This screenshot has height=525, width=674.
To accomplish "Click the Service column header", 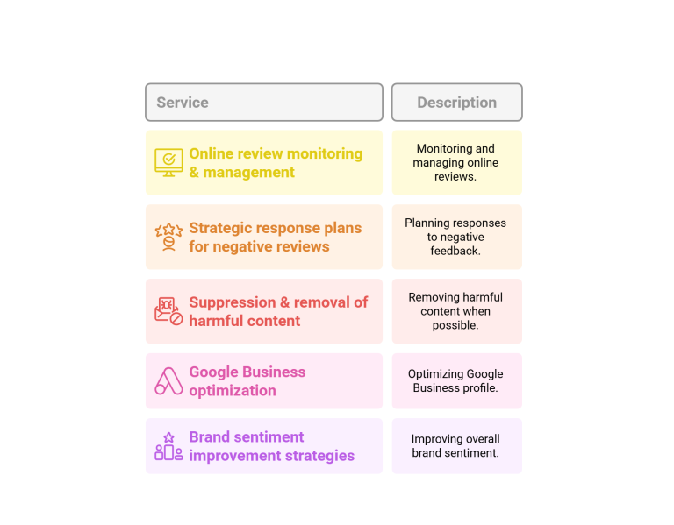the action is pos(264,103).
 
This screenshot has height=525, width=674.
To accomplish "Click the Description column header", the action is pos(457,103).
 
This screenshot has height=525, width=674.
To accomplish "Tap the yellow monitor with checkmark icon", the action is pos(168,163).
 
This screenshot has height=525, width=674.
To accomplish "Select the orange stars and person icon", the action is pos(168,237).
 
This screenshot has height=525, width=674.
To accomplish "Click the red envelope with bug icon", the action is pos(168,311).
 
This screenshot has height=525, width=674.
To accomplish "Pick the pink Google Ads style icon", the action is pos(168,381).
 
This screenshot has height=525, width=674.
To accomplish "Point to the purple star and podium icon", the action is pos(168,446).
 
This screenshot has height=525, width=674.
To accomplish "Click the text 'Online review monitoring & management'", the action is pos(276,163).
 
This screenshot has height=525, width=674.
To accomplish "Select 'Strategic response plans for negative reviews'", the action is pos(275,237).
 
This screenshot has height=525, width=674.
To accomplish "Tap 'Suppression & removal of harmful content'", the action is pos(278,311).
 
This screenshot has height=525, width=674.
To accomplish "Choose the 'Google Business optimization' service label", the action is pos(247,381).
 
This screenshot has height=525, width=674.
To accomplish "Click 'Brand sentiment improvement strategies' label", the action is pos(272,446).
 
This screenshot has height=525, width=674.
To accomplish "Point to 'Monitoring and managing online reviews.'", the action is pos(455,163).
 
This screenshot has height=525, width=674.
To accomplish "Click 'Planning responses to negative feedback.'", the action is pos(455,237).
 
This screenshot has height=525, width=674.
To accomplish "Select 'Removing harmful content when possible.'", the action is pos(455,311).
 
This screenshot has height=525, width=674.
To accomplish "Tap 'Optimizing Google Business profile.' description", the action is pos(455,381).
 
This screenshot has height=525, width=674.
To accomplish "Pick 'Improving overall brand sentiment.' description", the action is pos(455,446).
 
